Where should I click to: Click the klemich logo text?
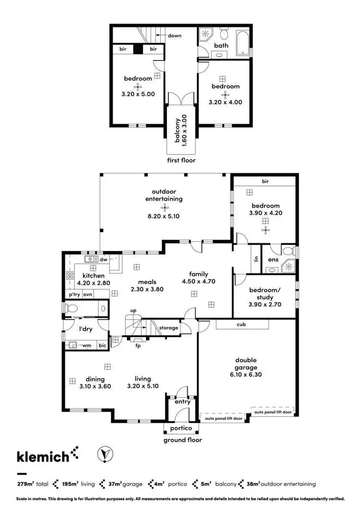pos(43,456)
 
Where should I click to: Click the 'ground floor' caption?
pos(183,439)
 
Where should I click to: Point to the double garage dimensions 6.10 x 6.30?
pos(246,375)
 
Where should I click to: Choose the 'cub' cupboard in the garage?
pos(241,325)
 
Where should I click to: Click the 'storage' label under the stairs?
pos(168,328)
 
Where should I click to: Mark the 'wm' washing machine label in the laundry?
pos(87,345)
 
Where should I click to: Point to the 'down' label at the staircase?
pos(174,36)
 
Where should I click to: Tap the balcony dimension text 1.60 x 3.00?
pos(184,130)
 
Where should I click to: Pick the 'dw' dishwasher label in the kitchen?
pos(103,260)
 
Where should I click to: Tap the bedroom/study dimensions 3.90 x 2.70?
pos(265,304)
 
